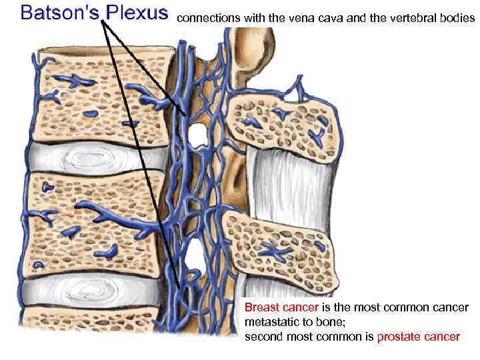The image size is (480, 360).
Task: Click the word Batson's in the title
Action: click(x=59, y=13)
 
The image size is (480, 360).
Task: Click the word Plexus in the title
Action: click(x=135, y=13)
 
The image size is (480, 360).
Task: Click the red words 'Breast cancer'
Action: click(x=281, y=308)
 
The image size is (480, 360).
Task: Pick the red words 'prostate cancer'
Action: click(x=418, y=337)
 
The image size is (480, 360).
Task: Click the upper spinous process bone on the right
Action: click(x=284, y=123)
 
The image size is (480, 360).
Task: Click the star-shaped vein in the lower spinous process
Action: click(x=275, y=253)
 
